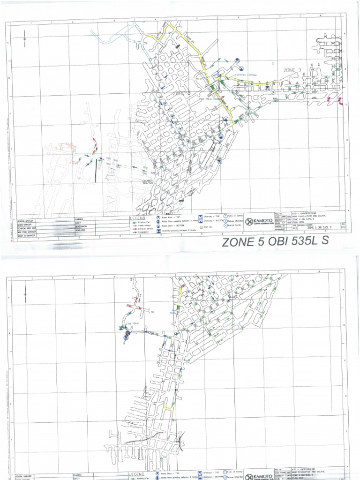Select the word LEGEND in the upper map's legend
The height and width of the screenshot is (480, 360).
pyautogui.click(x=139, y=218)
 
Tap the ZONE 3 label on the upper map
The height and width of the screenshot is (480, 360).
pyautogui.click(x=294, y=70)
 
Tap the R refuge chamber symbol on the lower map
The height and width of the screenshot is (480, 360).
pyautogui.click(x=126, y=337)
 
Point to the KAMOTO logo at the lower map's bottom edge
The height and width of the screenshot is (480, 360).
pyautogui.click(x=257, y=476)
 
